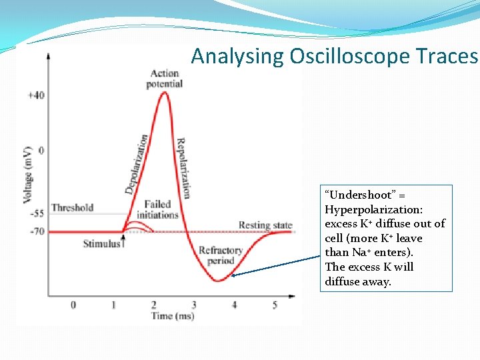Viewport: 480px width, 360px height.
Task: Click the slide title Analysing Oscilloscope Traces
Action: [x=335, y=57]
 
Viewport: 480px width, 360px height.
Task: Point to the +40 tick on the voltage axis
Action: [x=36, y=95]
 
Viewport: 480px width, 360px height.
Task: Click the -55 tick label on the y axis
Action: [x=36, y=214]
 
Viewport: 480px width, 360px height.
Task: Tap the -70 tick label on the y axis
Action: [x=36, y=231]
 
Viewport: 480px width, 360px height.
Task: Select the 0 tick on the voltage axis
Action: [x=41, y=151]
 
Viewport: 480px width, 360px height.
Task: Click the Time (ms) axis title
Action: [x=173, y=316]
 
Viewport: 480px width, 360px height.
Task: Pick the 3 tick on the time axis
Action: [x=194, y=305]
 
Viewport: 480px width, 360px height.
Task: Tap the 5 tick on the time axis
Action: [x=275, y=305]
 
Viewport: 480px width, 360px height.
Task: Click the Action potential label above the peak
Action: [x=165, y=79]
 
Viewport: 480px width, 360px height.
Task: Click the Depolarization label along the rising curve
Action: [x=136, y=164]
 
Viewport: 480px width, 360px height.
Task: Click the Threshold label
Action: [x=72, y=207]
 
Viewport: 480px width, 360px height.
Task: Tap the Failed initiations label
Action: [x=157, y=210]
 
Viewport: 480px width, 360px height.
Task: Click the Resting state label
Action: [x=265, y=225]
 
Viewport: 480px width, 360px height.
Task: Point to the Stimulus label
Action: [x=101, y=243]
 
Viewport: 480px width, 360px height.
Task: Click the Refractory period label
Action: [x=220, y=256]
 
